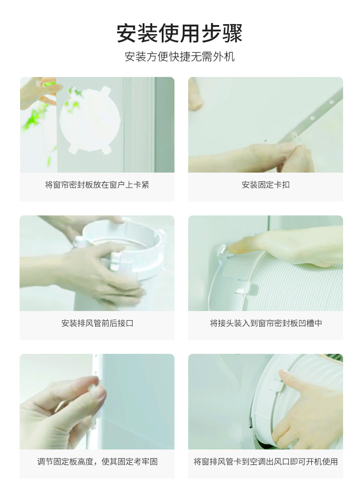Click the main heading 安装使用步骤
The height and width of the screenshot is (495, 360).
(180, 33)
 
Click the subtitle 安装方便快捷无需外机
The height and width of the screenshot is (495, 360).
(180, 57)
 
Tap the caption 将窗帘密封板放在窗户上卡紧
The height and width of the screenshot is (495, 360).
(97, 185)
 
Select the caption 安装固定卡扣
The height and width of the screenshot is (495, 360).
(266, 185)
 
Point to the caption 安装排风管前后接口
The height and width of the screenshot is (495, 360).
(97, 323)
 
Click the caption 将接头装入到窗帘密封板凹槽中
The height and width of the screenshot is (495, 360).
(266, 323)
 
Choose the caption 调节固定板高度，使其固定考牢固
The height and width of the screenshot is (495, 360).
(97, 462)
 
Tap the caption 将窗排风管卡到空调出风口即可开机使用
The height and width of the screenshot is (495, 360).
(266, 462)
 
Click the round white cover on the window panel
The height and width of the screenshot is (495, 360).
(90, 120)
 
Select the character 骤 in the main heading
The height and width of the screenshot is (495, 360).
(232, 33)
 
